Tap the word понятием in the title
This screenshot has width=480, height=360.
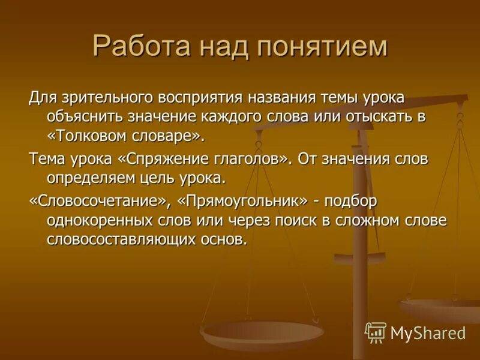click(x=323, y=47)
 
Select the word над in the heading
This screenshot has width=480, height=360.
click(x=226, y=47)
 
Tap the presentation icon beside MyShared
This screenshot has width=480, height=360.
click(x=376, y=332)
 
